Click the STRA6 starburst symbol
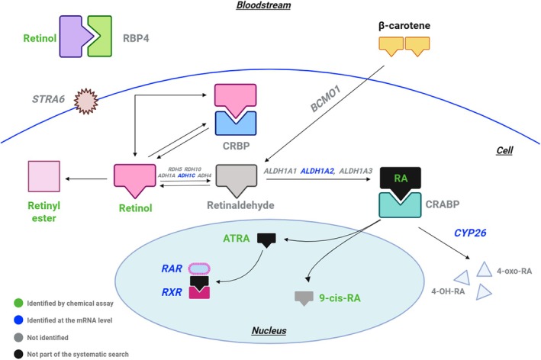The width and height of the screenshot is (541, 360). click(x=86, y=101)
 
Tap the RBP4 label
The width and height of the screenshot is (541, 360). click(x=136, y=38)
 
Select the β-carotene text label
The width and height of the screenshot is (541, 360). click(x=404, y=26)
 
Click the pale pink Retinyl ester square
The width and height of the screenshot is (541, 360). click(x=43, y=176)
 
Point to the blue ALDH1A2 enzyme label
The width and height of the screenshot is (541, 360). click(x=317, y=171)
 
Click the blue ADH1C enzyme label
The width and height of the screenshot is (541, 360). click(x=186, y=175)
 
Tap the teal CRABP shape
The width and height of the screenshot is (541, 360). click(x=400, y=205)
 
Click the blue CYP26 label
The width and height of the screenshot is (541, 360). click(x=470, y=233)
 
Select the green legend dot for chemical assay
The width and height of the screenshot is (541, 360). click(x=18, y=303)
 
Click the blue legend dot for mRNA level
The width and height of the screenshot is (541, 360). click(x=18, y=320)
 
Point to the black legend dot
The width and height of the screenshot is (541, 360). click(x=18, y=354)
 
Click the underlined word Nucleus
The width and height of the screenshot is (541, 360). click(x=269, y=331)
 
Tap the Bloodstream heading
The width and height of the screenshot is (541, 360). click(x=263, y=5)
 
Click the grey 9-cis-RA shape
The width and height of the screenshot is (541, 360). click(x=304, y=298)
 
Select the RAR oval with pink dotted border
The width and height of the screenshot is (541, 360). click(x=199, y=268)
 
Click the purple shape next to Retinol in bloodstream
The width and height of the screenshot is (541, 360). click(x=76, y=36)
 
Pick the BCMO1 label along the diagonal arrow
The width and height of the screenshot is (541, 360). click(x=326, y=99)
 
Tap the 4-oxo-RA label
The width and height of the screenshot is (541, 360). click(x=514, y=271)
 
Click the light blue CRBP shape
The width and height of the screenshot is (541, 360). click(x=236, y=124)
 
